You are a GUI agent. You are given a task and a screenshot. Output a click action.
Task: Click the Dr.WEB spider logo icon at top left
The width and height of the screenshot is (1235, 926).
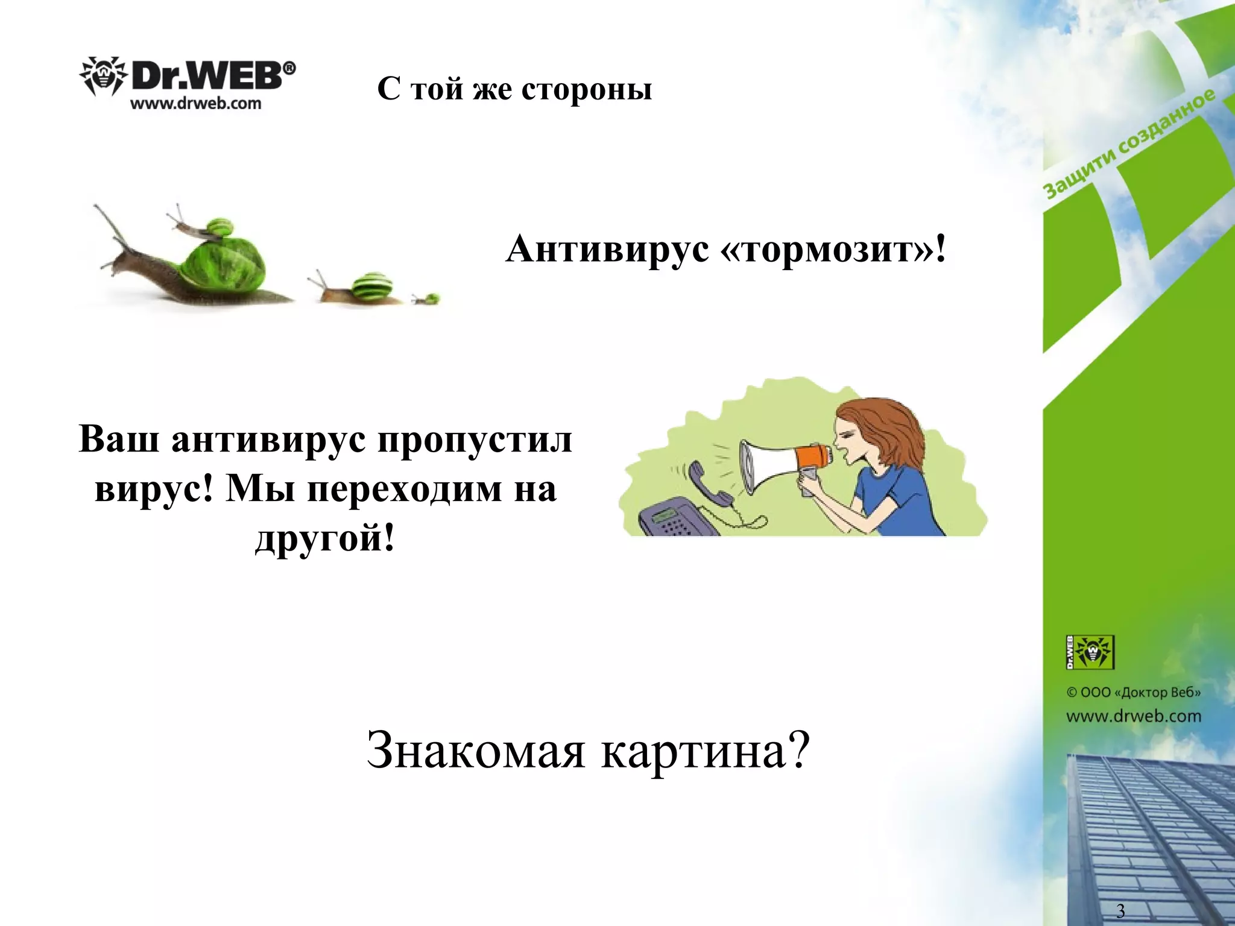point(103,77)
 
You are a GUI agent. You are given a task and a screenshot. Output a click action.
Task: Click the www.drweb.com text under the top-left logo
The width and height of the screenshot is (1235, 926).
point(196,104)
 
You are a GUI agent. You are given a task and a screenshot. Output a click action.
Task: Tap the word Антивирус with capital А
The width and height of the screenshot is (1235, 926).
point(607,249)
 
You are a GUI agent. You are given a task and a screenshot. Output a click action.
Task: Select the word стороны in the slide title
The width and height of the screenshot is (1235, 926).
point(586,89)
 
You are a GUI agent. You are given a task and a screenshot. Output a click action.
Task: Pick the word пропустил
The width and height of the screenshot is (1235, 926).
point(475,441)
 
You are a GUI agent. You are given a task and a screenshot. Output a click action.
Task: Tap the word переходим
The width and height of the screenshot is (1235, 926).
point(405,489)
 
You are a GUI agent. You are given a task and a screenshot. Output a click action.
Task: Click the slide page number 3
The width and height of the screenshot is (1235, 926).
point(1120,910)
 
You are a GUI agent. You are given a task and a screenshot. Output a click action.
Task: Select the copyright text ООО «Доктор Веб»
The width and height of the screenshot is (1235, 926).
point(1134,692)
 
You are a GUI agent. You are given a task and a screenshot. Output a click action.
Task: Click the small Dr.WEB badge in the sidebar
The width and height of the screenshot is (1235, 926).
point(1090,652)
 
